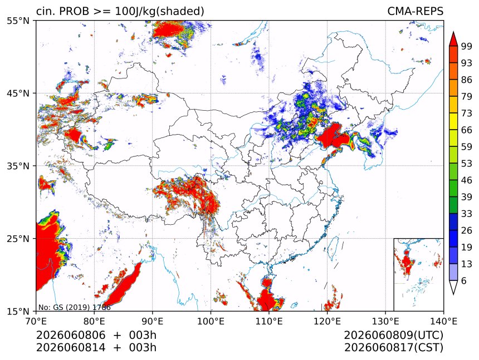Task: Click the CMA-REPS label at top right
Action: [415, 11]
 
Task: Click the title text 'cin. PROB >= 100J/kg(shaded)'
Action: [120, 11]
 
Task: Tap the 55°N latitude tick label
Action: [18, 21]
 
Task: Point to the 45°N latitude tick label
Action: [18, 93]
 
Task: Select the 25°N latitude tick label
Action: [18, 238]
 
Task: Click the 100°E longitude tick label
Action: [211, 321]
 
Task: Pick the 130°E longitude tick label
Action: [385, 321]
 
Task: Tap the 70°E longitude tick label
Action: [36, 321]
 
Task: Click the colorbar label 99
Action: [467, 46]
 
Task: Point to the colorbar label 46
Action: [467, 180]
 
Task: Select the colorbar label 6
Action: [464, 280]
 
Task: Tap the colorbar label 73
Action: [467, 113]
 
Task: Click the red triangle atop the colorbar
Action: [453, 40]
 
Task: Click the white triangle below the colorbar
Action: [453, 286]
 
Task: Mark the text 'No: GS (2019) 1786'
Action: [74, 307]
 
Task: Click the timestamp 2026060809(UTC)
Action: [393, 335]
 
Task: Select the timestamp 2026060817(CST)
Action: [393, 348]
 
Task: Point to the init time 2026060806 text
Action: [71, 335]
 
